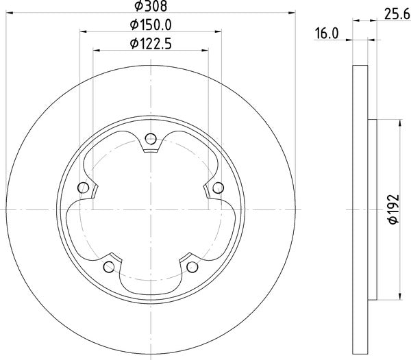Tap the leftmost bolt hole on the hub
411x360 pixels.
coord(84,188)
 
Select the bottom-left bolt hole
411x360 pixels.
coord(108,266)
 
